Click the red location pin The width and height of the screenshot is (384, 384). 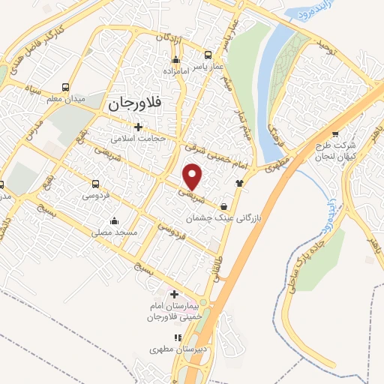pyautogui.click(x=193, y=176)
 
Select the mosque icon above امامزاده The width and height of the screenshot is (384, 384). pyautogui.click(x=175, y=60)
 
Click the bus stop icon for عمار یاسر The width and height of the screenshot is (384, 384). pyautogui.click(x=208, y=55)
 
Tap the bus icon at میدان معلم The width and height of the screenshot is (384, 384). pyautogui.click(x=66, y=87)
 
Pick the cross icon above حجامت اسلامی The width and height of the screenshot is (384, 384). pyautogui.click(x=136, y=127)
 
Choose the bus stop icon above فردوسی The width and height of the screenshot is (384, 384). pyautogui.click(x=95, y=184)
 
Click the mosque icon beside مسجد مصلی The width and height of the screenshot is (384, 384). pyautogui.click(x=113, y=220)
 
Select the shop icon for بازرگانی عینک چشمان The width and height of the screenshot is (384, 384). pyautogui.click(x=225, y=207)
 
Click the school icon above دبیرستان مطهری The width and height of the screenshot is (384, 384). pyautogui.click(x=178, y=338)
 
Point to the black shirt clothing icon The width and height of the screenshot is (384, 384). pyautogui.click(x=239, y=182)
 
